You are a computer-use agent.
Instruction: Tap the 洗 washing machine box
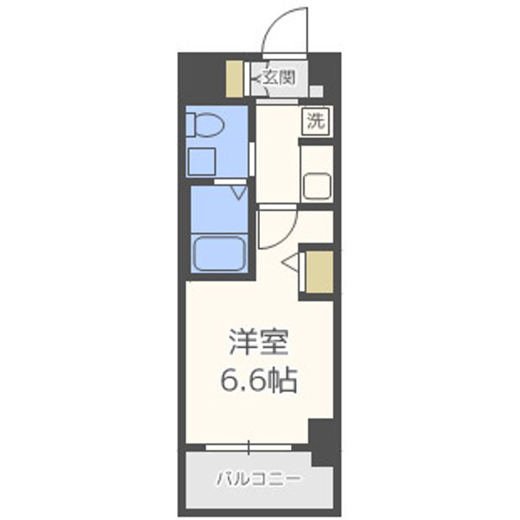pyautogui.click(x=315, y=121)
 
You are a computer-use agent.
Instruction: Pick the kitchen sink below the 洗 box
pyautogui.click(x=316, y=187)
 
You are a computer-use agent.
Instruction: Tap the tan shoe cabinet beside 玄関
pyautogui.click(x=235, y=79)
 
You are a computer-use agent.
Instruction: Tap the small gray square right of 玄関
pyautogui.click(x=316, y=92)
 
